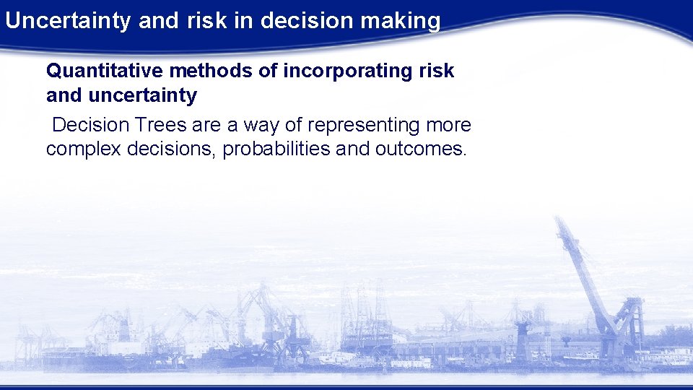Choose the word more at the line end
tap(448, 125)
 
